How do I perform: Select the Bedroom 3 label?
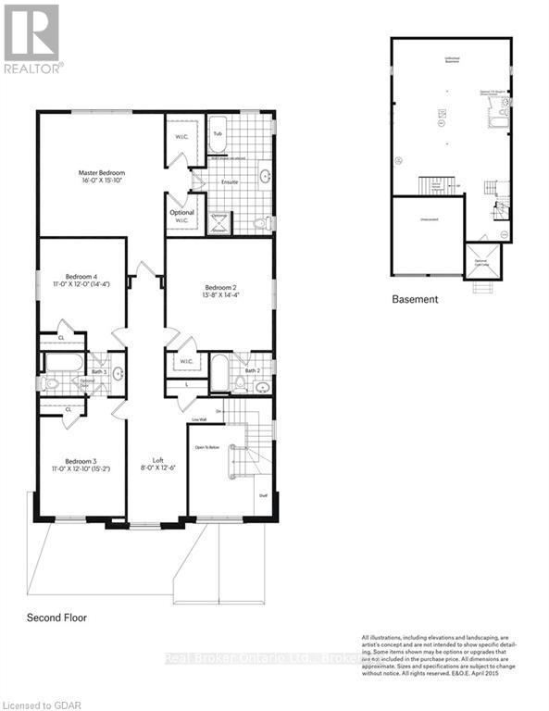tap(81, 461)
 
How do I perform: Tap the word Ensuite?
tap(230, 181)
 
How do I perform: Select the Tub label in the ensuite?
tap(218, 133)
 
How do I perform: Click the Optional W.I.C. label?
tap(181, 216)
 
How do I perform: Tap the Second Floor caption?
tap(56, 617)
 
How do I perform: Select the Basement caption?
tap(414, 300)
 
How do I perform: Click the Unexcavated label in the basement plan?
tap(428, 220)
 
